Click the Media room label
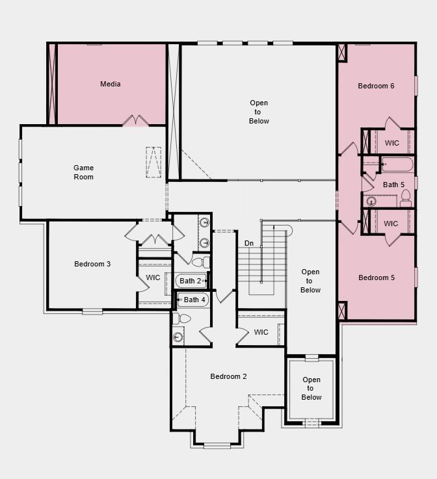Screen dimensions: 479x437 pyautogui.click(x=110, y=84)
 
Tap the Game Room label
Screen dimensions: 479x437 pyautogui.click(x=83, y=172)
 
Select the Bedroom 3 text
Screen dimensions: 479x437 pyautogui.click(x=92, y=264)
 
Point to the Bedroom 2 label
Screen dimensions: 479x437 pyautogui.click(x=228, y=376)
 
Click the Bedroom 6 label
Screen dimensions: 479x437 pyautogui.click(x=376, y=86)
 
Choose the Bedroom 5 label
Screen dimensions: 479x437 pyautogui.click(x=377, y=278)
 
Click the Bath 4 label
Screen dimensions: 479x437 pyautogui.click(x=194, y=300)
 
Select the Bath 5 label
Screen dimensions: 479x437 pyautogui.click(x=393, y=185)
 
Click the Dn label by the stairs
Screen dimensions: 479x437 pyautogui.click(x=249, y=243)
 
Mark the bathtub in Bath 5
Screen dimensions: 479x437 pyautogui.click(x=397, y=164)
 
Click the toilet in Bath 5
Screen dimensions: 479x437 pyautogui.click(x=406, y=196)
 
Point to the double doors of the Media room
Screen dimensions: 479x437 pyautogui.click(x=136, y=121)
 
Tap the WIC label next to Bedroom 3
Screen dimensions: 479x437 pyautogui.click(x=153, y=278)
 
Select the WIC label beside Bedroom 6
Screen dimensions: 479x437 pyautogui.click(x=391, y=143)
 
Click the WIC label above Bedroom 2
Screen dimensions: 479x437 pyautogui.click(x=261, y=332)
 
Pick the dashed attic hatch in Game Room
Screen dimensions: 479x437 pyautogui.click(x=153, y=162)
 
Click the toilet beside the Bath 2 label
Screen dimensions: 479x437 pyautogui.click(x=201, y=263)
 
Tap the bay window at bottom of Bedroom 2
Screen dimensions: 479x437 pyautogui.click(x=217, y=445)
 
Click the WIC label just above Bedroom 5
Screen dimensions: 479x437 pyautogui.click(x=391, y=224)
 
